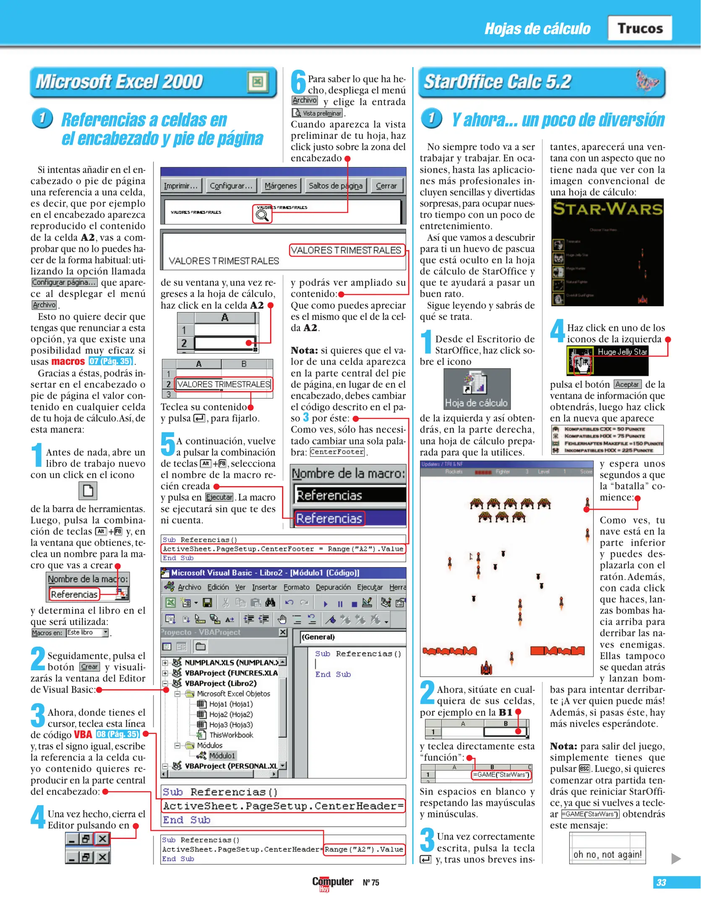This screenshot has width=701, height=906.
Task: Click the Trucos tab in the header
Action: [x=640, y=28]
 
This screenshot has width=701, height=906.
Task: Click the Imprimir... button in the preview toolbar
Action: [x=181, y=185]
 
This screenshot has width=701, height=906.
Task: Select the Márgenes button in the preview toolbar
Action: [x=280, y=185]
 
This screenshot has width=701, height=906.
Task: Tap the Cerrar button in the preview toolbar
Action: [x=386, y=185]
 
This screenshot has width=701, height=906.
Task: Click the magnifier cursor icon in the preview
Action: [x=262, y=215]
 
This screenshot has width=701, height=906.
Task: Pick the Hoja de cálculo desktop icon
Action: [x=477, y=389]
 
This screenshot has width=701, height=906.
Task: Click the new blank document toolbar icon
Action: [x=88, y=490]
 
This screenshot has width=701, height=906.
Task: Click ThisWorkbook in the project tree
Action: [x=231, y=735]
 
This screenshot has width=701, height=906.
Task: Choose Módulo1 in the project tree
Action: [x=222, y=755]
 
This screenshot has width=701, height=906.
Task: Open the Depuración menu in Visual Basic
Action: [x=333, y=587]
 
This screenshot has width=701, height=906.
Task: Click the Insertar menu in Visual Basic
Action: [x=264, y=587]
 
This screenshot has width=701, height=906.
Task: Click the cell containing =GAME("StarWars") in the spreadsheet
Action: [x=501, y=775]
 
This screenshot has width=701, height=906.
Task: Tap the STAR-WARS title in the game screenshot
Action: [x=607, y=209]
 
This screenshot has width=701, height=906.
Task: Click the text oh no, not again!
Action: [x=607, y=854]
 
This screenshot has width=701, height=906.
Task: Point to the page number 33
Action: [x=661, y=883]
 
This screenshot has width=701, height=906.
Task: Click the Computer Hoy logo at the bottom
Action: [x=332, y=883]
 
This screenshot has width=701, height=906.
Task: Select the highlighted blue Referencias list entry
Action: [x=329, y=518]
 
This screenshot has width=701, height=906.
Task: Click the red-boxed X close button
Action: [x=102, y=839]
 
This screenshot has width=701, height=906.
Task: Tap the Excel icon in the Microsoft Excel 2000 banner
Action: [x=258, y=82]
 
